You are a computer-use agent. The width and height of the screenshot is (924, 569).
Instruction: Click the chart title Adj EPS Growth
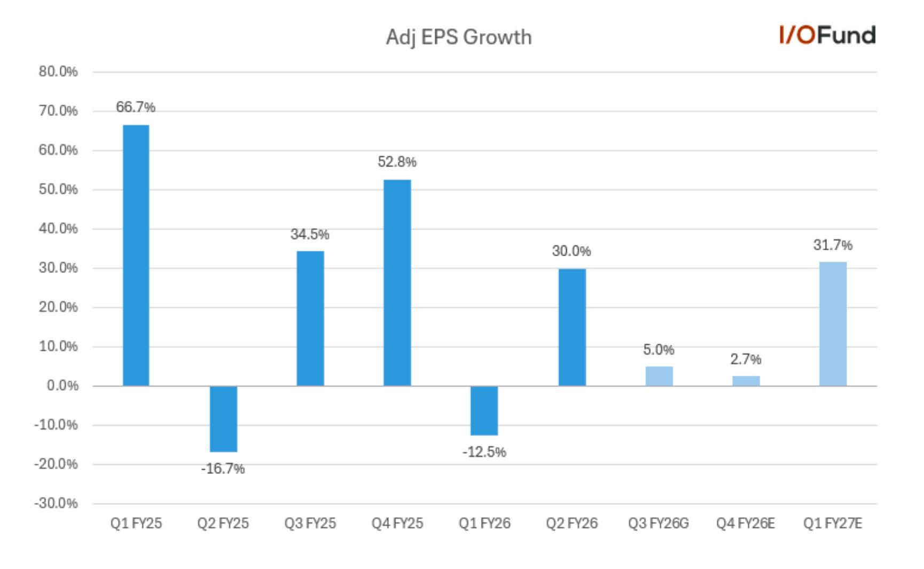(x=459, y=37)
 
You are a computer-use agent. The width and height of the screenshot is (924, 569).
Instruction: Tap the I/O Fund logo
(x=827, y=35)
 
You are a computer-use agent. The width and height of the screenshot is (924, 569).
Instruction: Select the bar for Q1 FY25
(x=136, y=255)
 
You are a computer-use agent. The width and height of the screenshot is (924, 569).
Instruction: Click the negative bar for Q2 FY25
(x=223, y=419)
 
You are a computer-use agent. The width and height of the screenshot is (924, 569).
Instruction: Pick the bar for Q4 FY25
(x=397, y=283)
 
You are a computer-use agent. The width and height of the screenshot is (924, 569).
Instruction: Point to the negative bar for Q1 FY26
(x=484, y=410)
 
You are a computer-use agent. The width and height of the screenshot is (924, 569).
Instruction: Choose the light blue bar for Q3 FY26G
(x=659, y=376)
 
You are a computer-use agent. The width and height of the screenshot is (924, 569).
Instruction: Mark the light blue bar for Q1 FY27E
(x=833, y=324)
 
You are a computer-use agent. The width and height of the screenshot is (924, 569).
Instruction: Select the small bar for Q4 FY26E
(x=746, y=381)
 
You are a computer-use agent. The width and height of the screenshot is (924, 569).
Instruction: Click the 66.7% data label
(x=136, y=107)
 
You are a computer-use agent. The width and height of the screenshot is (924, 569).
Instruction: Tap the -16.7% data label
(x=223, y=469)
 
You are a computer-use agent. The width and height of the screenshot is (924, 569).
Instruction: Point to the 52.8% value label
(x=397, y=162)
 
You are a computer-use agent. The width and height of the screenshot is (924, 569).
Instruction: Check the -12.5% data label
(x=484, y=452)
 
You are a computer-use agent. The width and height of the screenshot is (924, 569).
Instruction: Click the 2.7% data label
(x=746, y=359)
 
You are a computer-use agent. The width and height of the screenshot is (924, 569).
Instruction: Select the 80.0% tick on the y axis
(x=58, y=72)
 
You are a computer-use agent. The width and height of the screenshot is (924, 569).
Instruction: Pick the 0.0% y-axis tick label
(x=62, y=385)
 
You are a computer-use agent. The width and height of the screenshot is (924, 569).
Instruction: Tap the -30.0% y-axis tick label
(x=56, y=503)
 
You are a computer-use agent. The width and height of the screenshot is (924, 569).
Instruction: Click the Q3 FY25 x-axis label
(x=310, y=523)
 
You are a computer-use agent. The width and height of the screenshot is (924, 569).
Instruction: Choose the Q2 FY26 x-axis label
(x=571, y=523)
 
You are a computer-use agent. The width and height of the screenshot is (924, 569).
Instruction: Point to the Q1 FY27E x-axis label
(x=833, y=523)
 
